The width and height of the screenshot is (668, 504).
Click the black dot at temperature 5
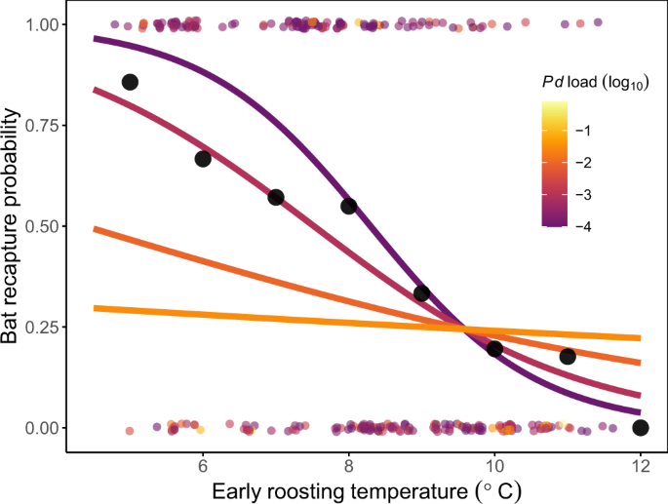click(x=130, y=82)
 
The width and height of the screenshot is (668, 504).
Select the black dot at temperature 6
click(x=203, y=159)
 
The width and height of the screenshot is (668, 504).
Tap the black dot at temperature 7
click(x=276, y=197)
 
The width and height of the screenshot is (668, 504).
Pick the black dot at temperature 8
click(x=348, y=206)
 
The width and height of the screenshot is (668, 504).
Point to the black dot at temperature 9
click(x=421, y=293)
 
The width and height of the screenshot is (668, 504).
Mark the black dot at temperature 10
click(x=494, y=349)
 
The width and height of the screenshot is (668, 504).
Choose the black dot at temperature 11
click(x=568, y=357)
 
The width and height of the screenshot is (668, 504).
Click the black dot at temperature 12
click(x=640, y=427)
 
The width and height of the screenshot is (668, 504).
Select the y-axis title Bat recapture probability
click(x=13, y=225)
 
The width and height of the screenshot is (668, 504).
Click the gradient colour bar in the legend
click(x=555, y=164)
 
